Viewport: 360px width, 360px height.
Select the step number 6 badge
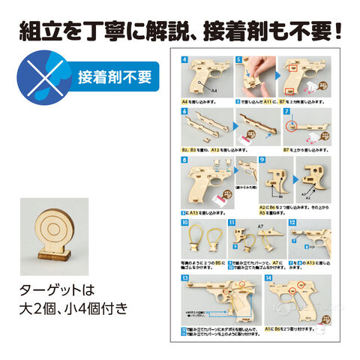click(x=185, y=111)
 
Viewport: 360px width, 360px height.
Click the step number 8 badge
click(x=185, y=160)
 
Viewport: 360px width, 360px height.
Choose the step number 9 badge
click(x=262, y=160)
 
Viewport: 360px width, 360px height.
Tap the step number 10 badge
click(x=185, y=222)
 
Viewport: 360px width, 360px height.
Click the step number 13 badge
click(x=185, y=278)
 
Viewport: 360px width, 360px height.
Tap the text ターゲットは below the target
click(x=56, y=289)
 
